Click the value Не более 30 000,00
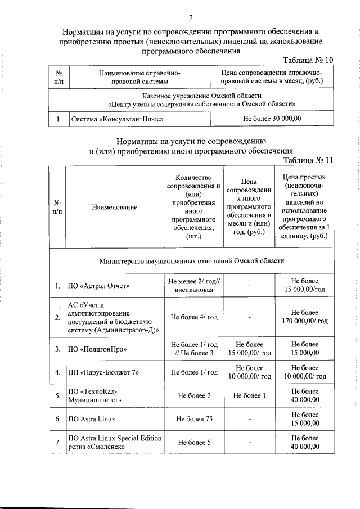[x=272, y=119]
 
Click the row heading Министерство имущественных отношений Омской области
[x=192, y=260]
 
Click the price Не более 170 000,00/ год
[x=304, y=317]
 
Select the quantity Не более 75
[x=193, y=419]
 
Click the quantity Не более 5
[x=193, y=442]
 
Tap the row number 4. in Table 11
[x=58, y=372]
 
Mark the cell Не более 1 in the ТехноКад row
[x=249, y=395]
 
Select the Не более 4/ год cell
[x=193, y=317]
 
